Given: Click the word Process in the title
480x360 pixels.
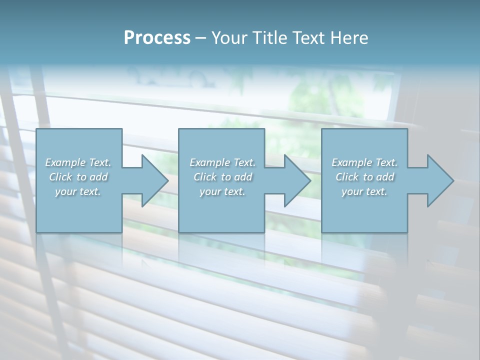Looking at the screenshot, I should (157, 38).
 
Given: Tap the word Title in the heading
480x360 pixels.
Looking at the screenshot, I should (269, 38).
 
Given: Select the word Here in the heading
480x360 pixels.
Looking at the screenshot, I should (349, 38).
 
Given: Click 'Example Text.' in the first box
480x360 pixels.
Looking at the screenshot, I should (78, 162).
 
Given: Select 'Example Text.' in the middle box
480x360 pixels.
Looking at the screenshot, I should (222, 162).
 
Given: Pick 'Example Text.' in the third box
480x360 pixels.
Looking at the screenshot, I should (364, 162).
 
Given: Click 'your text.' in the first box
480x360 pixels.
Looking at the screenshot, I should (78, 191).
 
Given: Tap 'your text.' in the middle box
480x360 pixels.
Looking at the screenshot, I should (222, 191).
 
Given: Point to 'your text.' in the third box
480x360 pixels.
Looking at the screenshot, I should (364, 191).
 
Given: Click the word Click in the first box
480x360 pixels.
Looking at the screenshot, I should (60, 177).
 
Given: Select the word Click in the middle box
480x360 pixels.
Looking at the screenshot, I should (205, 177).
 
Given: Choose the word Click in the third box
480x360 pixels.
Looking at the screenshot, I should (347, 177).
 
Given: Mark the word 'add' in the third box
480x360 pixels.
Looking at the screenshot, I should (385, 177).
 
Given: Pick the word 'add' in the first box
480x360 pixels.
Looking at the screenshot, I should (98, 177).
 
